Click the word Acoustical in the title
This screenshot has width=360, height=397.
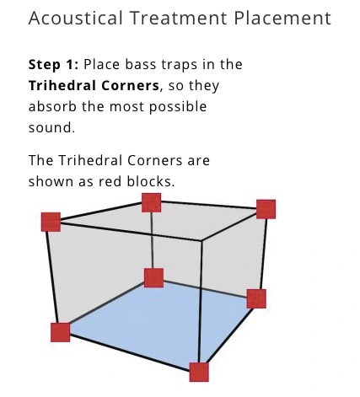[76, 18]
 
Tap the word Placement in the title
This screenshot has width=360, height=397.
[282, 18]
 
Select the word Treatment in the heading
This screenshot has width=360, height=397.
[179, 18]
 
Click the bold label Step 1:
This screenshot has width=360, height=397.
[53, 65]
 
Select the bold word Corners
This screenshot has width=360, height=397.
[130, 86]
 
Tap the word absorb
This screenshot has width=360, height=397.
[52, 106]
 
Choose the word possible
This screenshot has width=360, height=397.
[178, 107]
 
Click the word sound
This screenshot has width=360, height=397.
[51, 128]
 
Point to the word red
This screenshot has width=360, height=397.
[110, 181]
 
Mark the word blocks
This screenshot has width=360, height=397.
[151, 181]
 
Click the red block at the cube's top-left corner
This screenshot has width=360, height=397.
[51, 222]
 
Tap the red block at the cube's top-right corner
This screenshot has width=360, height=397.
[266, 209]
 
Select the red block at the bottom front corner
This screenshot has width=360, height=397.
[199, 373]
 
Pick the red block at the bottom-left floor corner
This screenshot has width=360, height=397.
[61, 332]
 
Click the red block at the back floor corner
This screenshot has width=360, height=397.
[153, 278]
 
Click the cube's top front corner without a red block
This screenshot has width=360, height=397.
[201, 240]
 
